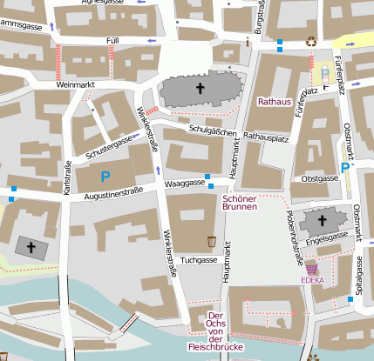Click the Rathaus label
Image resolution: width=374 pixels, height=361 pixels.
tap(274, 102)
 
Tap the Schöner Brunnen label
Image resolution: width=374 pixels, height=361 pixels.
tap(239, 202)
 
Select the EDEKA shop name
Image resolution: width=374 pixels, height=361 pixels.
tap(312, 280)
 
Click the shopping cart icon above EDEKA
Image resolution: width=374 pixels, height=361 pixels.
tap(312, 269)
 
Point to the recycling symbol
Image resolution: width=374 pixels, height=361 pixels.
tap(311, 40)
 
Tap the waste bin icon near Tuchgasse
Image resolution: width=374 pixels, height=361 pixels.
tap(211, 240)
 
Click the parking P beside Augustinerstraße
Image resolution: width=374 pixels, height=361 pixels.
tap(105, 177)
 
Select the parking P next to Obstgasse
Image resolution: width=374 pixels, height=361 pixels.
tap(346, 168)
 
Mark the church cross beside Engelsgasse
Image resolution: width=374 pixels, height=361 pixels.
tap(316, 221)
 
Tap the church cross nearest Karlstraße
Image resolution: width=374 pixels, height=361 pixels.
tap(33, 249)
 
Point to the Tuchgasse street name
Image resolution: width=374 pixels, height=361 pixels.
tap(197, 260)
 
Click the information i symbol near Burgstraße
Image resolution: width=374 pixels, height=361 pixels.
tap(248, 41)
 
